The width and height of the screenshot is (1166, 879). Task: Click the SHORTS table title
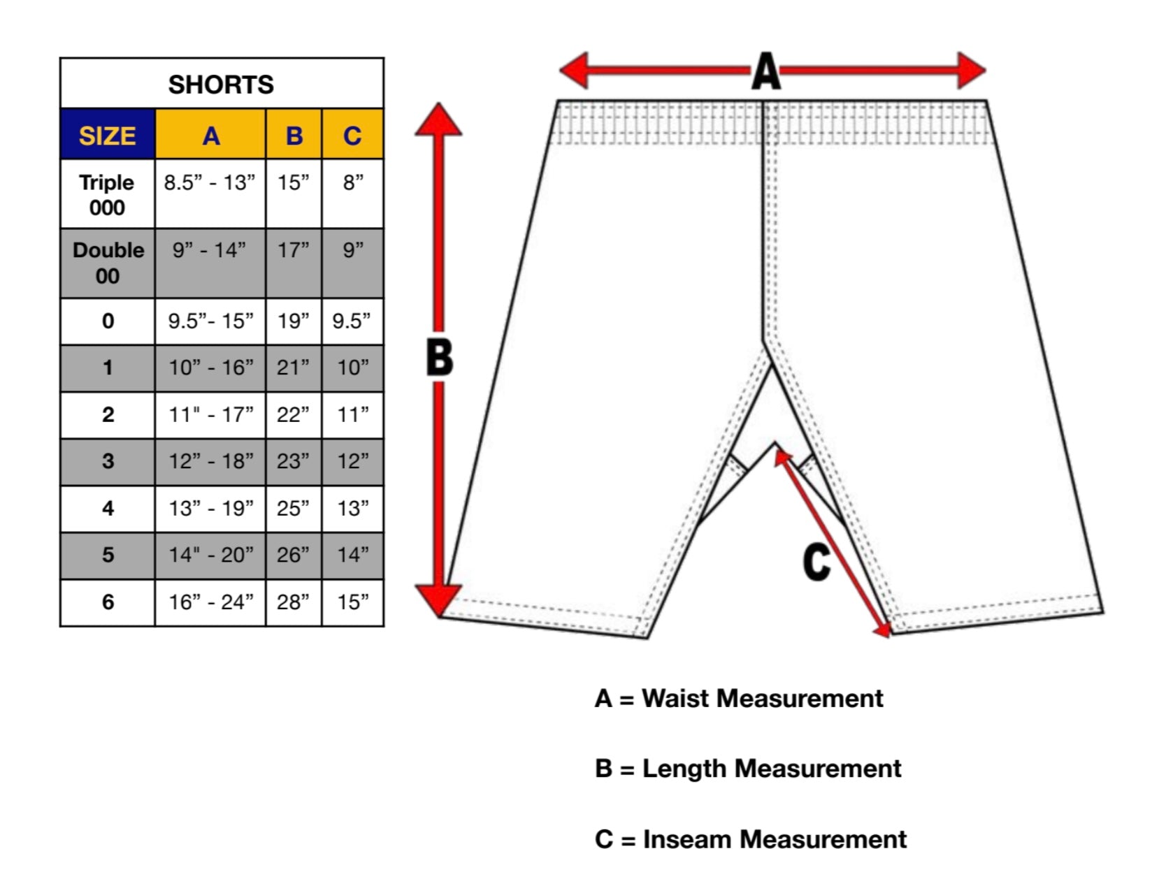pos(221,85)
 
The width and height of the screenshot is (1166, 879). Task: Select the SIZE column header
pos(107,136)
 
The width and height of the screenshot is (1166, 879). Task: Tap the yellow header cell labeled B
pos(294,136)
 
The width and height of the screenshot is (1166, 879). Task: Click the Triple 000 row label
pos(107,195)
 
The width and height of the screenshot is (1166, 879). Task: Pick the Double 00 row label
pos(108,263)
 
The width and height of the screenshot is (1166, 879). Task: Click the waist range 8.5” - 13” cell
pos(210,183)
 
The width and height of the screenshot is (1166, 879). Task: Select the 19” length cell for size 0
pos(294,321)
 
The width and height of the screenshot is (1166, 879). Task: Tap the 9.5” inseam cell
pos(352,321)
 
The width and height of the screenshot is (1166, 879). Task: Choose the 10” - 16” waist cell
pos(210,368)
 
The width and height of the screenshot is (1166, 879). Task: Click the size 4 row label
pos(108,508)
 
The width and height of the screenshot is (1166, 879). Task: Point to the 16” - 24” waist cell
pos(210,602)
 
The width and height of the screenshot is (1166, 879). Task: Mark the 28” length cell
pos(294,602)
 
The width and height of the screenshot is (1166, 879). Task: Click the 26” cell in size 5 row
pos(294,555)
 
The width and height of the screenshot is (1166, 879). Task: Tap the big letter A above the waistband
pos(766,71)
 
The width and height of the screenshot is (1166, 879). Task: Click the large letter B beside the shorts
pos(440,358)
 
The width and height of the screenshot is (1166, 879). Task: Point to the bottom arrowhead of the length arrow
pos(438,600)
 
